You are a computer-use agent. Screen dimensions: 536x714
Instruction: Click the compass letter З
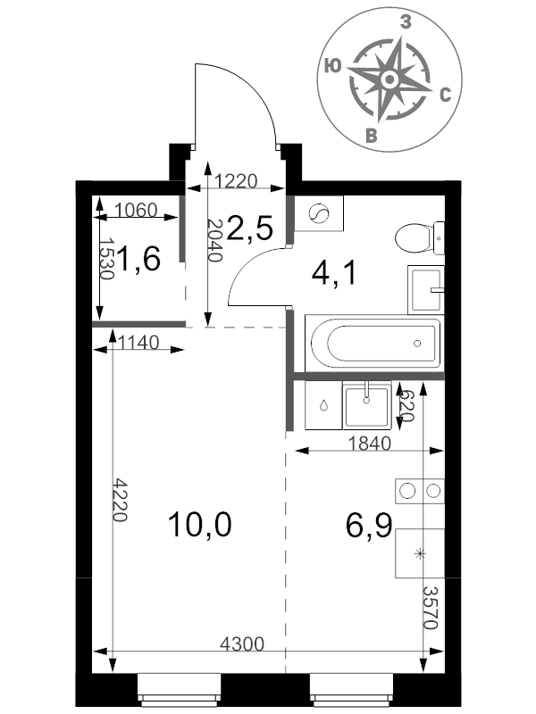click(x=406, y=21)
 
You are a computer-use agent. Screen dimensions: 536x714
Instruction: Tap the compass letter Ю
click(x=333, y=66)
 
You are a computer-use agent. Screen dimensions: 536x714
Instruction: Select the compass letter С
click(x=445, y=95)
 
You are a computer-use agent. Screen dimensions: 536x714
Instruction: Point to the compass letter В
click(x=372, y=136)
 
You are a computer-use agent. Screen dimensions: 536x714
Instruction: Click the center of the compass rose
click(x=389, y=79)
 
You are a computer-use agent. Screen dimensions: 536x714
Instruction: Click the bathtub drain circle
click(x=417, y=344)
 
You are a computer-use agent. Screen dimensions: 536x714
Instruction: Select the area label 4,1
click(x=333, y=274)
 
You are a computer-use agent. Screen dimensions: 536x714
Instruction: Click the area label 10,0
click(x=199, y=524)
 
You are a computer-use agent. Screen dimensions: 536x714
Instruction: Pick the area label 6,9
click(x=369, y=525)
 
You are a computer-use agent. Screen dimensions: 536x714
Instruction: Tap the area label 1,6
click(x=138, y=258)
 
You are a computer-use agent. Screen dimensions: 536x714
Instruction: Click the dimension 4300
click(x=242, y=643)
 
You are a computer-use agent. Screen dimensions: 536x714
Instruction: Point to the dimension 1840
click(x=369, y=443)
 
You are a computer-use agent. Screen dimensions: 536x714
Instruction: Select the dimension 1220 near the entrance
click(x=236, y=181)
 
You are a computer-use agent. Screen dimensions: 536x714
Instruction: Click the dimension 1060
click(x=136, y=211)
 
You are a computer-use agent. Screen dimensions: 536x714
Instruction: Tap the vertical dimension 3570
click(x=431, y=608)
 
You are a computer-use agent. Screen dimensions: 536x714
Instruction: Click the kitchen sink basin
click(x=366, y=405)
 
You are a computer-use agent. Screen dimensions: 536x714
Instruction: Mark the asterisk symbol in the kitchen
click(x=419, y=553)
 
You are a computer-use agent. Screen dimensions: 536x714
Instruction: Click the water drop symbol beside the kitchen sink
click(x=323, y=405)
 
